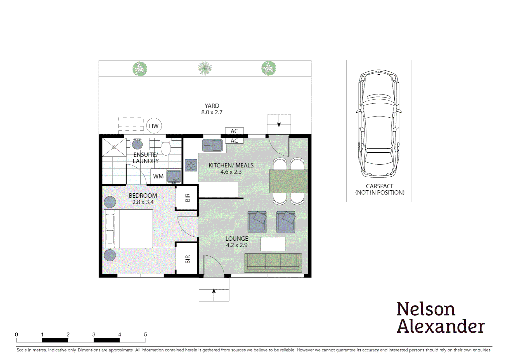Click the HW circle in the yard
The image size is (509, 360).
tap(154, 126)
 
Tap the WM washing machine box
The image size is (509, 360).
tap(158, 176)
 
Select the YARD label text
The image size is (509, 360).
tap(212, 106)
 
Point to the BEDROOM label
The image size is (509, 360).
tap(143, 196)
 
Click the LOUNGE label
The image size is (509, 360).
tap(237, 239)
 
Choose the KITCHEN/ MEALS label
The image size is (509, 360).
tap(231, 165)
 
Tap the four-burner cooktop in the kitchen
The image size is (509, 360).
tap(191, 165)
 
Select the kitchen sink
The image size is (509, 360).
tap(213, 146)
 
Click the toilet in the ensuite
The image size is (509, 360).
tap(166, 148)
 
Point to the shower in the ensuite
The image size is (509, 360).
tap(114, 147)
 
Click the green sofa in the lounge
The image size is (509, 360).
tap(273, 263)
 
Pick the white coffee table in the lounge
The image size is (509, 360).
tap(273, 244)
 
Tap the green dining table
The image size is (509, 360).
tap(288, 181)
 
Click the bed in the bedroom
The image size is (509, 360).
tap(129, 229)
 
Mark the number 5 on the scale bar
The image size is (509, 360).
tap(145, 334)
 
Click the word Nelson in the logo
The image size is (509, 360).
tap(426, 309)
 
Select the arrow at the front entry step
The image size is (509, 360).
tap(214, 291)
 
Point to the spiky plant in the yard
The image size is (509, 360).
tap(205, 68)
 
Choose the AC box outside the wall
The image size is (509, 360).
tap(235, 131)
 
